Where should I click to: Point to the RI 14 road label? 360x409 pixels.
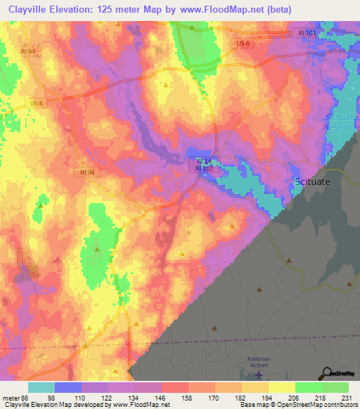pyautogui.click(x=204, y=160)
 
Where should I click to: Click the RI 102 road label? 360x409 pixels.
pyautogui.click(x=204, y=169)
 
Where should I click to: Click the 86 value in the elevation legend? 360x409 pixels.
pyautogui.click(x=25, y=398)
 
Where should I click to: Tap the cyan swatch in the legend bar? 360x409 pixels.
pyautogui.click(x=41, y=387)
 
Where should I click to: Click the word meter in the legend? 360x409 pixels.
pyautogui.click(x=11, y=398)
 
